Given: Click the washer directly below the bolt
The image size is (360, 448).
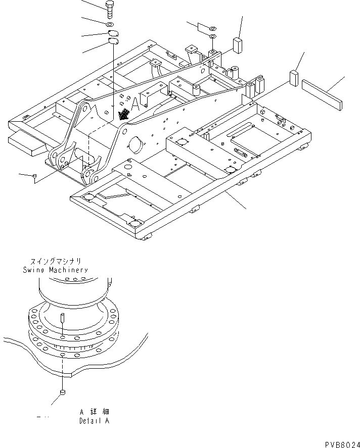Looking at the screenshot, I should click(110, 24).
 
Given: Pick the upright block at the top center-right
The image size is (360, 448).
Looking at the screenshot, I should click(237, 44).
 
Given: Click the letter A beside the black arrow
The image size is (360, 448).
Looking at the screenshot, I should click(134, 105).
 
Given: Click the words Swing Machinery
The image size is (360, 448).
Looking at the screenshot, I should click(55, 270).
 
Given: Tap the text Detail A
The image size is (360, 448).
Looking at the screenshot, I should click(94, 420).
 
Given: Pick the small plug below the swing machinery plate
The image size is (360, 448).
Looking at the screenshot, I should click(62, 392).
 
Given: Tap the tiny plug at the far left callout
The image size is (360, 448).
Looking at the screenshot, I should click(34, 176).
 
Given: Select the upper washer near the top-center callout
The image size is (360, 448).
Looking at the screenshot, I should click(212, 28).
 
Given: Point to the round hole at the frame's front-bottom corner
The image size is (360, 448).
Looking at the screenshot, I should click(133, 224).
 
